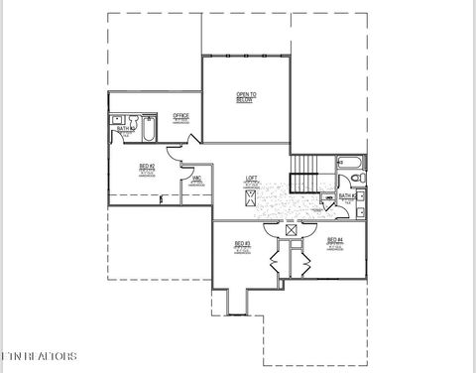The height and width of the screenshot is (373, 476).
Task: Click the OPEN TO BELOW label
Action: tap(245, 96)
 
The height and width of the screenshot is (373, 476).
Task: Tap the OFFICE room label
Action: tap(180, 117)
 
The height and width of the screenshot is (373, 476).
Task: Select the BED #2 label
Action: tap(146, 168)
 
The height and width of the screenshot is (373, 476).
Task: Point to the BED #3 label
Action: tap(241, 244)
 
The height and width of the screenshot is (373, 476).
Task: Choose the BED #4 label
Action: tap(335, 241)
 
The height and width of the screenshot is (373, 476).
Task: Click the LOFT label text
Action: tap(252, 180)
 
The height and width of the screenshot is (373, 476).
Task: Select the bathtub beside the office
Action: tap(148, 129)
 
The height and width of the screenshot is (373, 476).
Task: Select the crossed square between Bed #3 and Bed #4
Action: tap(291, 229)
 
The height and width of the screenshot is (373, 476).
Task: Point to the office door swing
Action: tap(174, 153)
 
